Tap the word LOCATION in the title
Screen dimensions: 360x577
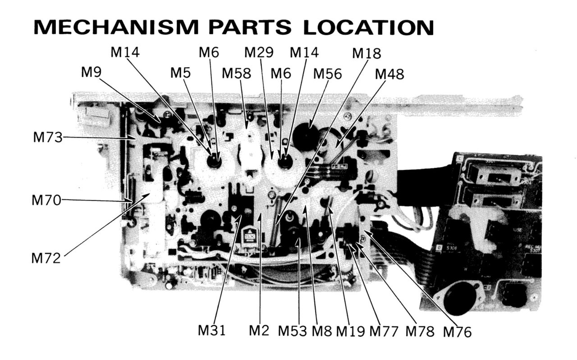[x=368, y=28]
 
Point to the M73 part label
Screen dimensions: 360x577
[x=47, y=138]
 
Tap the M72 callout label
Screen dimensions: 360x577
[x=46, y=258]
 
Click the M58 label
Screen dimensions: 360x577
[x=236, y=73]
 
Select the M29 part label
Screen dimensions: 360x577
[x=259, y=53]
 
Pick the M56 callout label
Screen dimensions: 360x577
[x=328, y=73]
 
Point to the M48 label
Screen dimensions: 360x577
[x=389, y=74]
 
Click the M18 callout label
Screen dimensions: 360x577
[x=366, y=54]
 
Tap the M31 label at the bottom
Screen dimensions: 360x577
[x=212, y=331]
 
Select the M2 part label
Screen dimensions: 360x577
[x=259, y=331]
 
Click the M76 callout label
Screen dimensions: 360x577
[x=457, y=332]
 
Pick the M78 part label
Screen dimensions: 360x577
[x=420, y=332]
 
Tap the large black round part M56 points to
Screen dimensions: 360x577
[x=307, y=135]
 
